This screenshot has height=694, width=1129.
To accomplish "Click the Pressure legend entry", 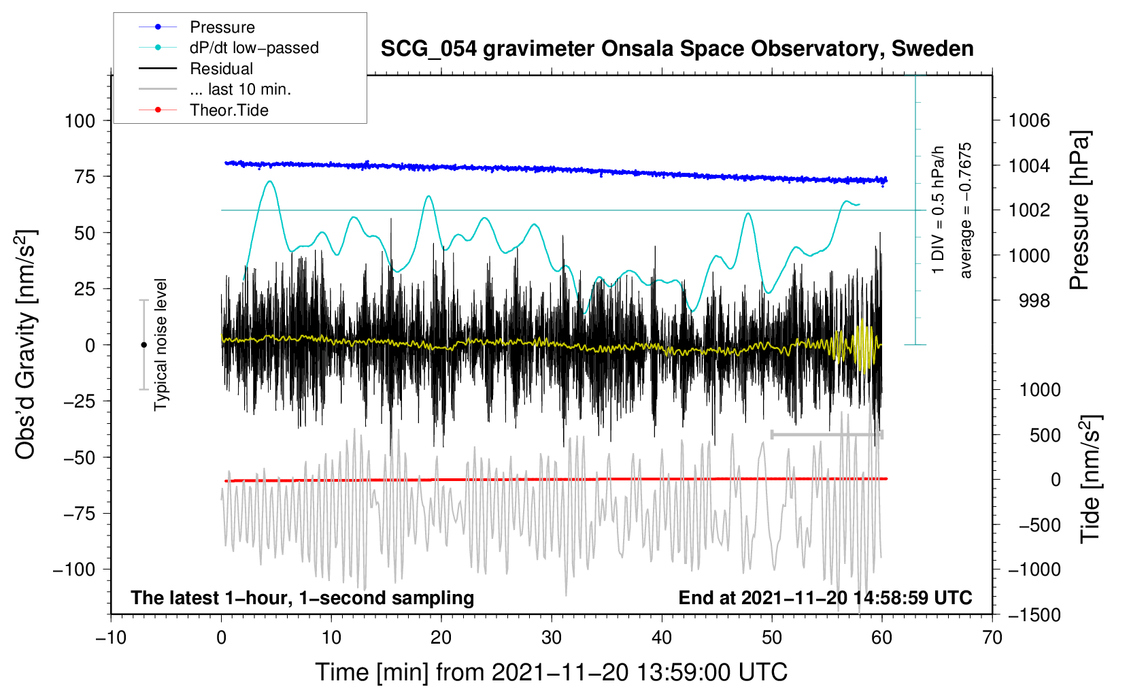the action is [197, 27].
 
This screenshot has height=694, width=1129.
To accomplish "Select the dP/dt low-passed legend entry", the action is [229, 48].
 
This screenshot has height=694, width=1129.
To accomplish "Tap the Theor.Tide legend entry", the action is [203, 110].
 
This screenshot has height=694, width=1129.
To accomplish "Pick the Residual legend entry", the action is [196, 69].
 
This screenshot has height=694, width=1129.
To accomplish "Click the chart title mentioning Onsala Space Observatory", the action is [677, 49].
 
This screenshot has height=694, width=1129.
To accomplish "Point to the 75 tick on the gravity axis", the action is [84, 177].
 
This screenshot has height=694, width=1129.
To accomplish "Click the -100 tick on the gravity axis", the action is [74, 570].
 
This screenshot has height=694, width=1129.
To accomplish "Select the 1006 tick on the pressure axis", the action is [1029, 120].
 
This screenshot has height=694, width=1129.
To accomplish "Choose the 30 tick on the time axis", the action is [552, 638].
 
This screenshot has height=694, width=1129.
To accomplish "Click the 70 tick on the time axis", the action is [992, 638].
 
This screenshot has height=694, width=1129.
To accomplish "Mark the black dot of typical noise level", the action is [144, 345].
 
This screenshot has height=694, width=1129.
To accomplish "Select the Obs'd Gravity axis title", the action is [26, 344].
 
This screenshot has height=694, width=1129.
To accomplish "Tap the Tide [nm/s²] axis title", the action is [1091, 480].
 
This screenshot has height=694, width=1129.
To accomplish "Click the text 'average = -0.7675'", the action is [965, 210].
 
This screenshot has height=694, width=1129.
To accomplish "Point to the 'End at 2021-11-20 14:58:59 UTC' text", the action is [825, 598].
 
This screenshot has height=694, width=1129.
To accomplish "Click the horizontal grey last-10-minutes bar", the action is [826, 435].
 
